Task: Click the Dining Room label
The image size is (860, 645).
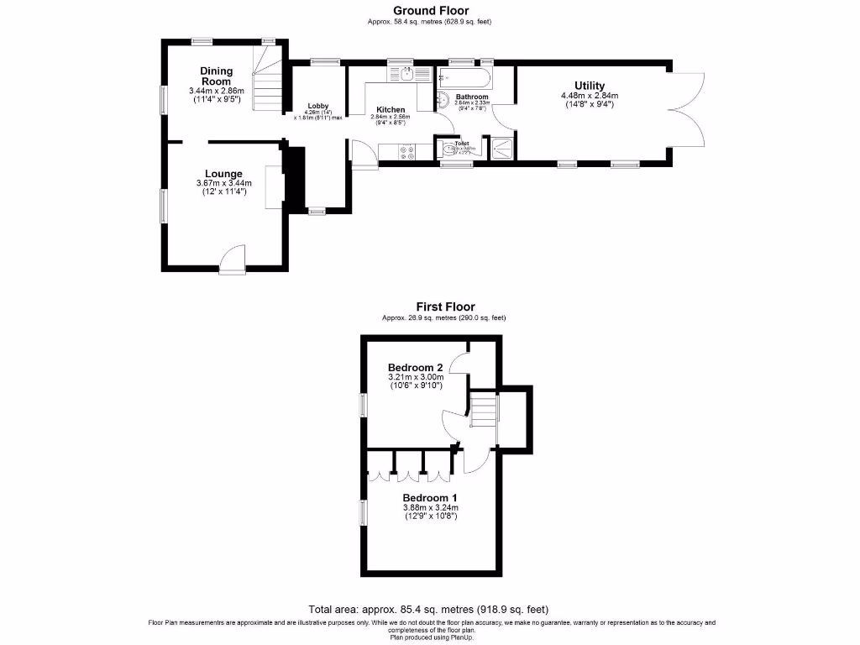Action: [216, 76]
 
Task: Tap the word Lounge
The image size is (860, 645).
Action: [223, 174]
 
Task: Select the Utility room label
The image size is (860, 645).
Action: [589, 86]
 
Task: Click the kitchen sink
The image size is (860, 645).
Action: [404, 73]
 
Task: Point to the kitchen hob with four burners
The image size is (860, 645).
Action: [408, 151]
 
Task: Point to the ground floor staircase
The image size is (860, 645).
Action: [268, 84]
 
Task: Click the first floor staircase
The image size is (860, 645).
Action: [483, 411]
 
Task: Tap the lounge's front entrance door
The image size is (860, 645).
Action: [231, 260]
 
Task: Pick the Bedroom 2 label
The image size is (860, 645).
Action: [415, 367]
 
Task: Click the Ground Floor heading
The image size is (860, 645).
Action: [429, 11]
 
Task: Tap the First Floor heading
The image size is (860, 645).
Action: [444, 307]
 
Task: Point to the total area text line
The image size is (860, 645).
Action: [429, 609]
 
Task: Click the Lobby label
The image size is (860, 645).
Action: [317, 105]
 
